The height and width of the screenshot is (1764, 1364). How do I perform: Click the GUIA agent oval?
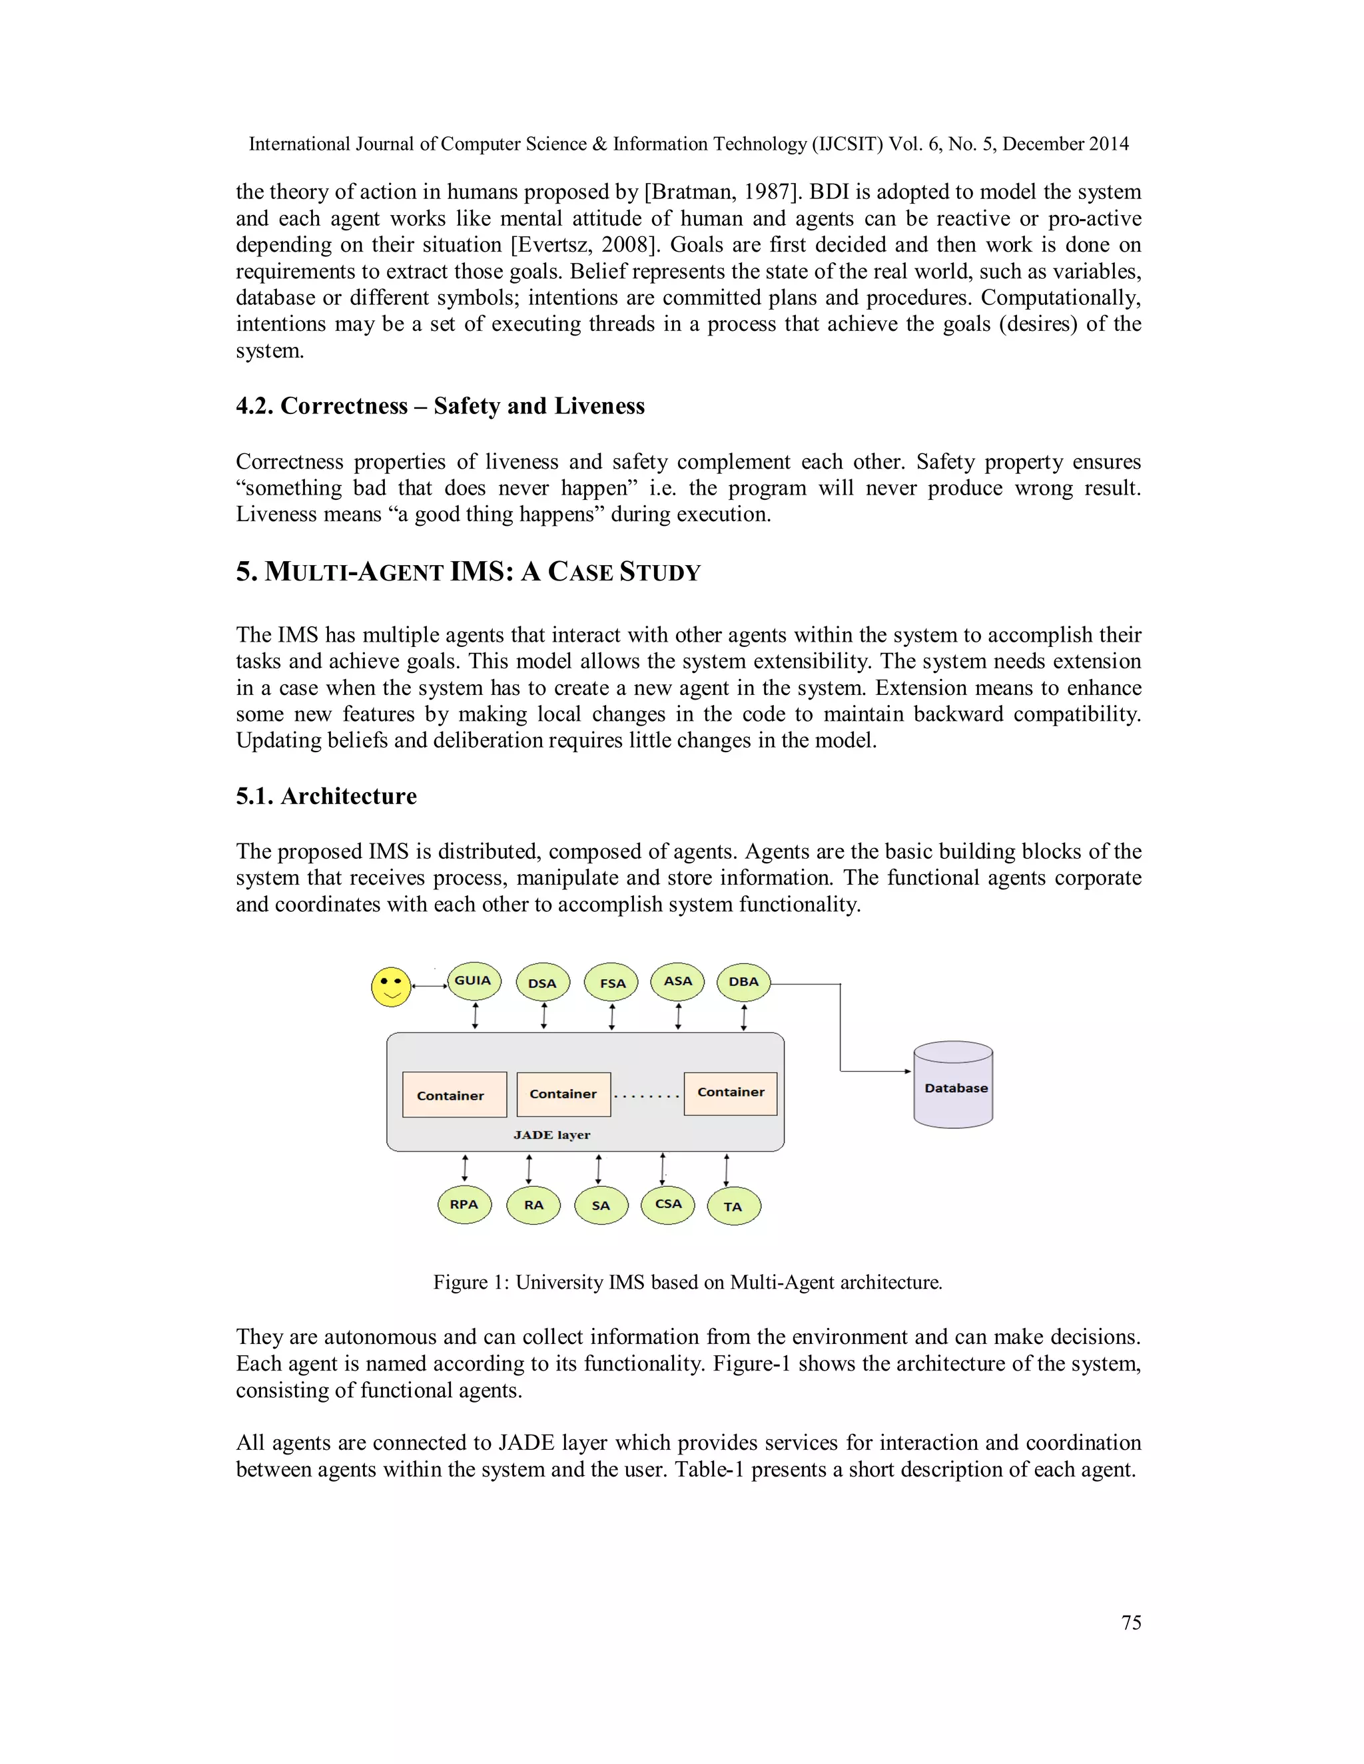(x=474, y=981)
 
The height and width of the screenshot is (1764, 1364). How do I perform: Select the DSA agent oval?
(x=542, y=983)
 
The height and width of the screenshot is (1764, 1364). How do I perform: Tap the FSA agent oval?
(x=611, y=983)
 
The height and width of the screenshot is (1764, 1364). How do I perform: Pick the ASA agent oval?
(x=678, y=981)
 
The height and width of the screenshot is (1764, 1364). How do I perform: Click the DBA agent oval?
(x=743, y=982)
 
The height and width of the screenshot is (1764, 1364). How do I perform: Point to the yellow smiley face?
(x=391, y=987)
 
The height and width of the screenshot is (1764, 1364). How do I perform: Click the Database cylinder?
(x=954, y=1086)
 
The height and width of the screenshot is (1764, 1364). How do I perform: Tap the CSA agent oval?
(x=667, y=1205)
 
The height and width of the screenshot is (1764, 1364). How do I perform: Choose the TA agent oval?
(x=733, y=1208)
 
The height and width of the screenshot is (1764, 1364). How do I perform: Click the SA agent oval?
(x=600, y=1207)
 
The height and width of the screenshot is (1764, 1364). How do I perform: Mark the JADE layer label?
(x=552, y=1135)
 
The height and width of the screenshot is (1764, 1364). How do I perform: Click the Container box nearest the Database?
(x=731, y=1093)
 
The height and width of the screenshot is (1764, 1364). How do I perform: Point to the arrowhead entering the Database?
(x=908, y=1072)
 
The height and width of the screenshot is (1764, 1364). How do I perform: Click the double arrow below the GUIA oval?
(x=475, y=1015)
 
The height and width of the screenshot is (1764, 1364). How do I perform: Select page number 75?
(x=1132, y=1623)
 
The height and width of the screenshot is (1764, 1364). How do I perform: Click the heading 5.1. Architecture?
(x=326, y=796)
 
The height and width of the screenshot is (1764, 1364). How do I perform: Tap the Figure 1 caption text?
(x=687, y=1283)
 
